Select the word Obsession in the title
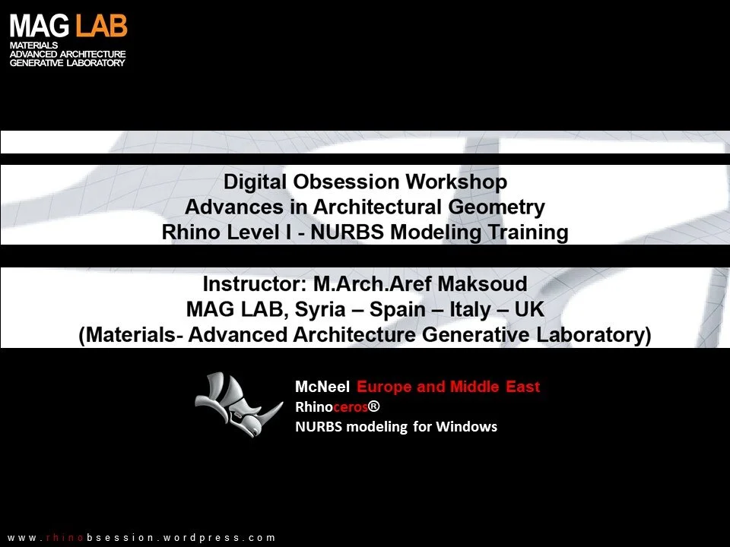click(x=345, y=182)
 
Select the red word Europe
click(x=385, y=387)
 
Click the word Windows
click(x=466, y=426)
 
